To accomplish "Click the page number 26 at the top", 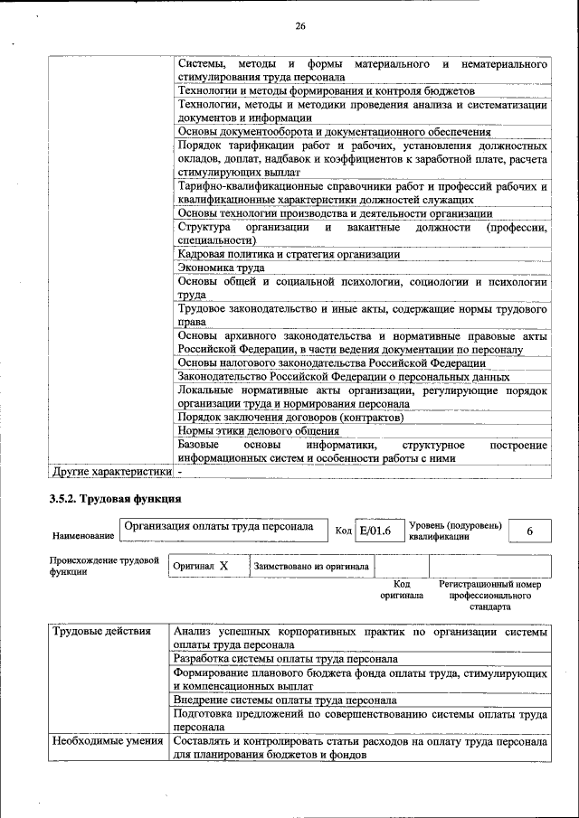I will click(x=300, y=26).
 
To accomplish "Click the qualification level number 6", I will click(x=530, y=531).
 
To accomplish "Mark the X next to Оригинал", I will click(x=224, y=566).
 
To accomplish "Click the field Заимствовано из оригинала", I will click(x=311, y=567).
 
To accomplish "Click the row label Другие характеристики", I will click(x=111, y=472).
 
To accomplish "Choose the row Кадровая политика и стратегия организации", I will click(x=289, y=255).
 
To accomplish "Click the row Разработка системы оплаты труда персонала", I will click(x=286, y=659).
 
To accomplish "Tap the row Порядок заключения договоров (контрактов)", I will click(x=290, y=418).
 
